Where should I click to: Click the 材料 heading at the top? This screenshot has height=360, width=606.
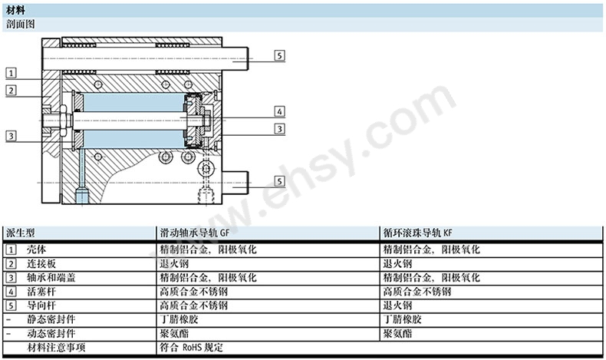(x=15, y=11)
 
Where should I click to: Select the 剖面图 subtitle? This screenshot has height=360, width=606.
(x=21, y=25)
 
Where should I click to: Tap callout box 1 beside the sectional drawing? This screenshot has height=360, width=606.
(x=12, y=73)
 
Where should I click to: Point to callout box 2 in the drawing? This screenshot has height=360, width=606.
(x=12, y=91)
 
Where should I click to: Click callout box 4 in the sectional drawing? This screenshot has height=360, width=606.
(x=279, y=111)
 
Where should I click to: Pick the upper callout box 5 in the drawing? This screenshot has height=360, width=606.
(x=279, y=55)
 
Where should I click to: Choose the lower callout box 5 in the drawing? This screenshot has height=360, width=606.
(x=279, y=181)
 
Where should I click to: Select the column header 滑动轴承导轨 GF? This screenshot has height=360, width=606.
(x=195, y=233)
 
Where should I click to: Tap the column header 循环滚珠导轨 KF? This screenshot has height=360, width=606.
(x=418, y=233)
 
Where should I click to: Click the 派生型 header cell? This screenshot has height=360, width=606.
(x=21, y=233)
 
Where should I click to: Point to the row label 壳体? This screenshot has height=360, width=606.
(x=36, y=249)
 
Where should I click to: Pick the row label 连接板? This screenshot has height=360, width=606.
(x=41, y=264)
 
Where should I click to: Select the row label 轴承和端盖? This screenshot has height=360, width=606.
(x=51, y=278)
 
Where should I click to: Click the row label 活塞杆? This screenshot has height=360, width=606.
(x=41, y=292)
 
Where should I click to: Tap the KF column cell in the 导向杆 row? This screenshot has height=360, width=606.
(x=397, y=306)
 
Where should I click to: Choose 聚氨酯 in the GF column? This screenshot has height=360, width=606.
(x=174, y=333)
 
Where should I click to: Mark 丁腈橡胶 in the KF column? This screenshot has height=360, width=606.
(x=402, y=319)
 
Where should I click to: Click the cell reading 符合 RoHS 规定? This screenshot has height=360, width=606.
(x=192, y=347)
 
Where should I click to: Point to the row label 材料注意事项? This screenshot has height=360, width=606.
(x=56, y=347)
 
